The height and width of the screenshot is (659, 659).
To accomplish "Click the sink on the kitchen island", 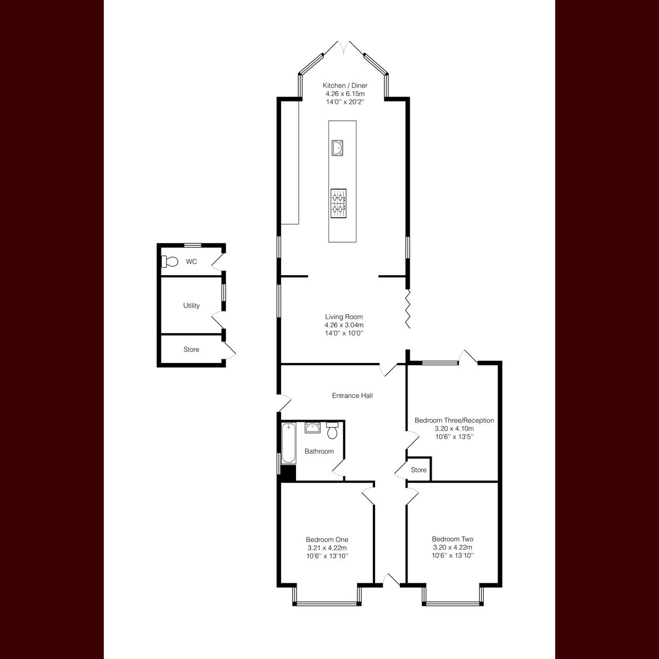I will (338, 148).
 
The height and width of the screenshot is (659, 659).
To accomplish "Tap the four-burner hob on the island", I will (338, 203).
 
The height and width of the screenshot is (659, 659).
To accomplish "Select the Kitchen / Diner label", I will (345, 85).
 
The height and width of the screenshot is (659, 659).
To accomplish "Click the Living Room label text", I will (344, 317).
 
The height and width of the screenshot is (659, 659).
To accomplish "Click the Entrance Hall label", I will (352, 395).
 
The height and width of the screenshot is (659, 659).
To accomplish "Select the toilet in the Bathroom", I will (332, 431).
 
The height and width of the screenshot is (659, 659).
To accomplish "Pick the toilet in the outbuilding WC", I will (170, 262).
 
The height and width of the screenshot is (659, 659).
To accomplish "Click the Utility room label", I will (192, 306).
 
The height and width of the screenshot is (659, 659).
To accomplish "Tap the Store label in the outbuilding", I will (192, 349).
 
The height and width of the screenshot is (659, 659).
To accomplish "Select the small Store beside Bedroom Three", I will (418, 470).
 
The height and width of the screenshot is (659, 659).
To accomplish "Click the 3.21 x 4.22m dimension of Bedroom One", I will (327, 548).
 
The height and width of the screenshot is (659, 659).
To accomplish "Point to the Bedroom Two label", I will (453, 539).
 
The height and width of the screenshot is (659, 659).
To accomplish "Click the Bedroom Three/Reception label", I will (454, 421).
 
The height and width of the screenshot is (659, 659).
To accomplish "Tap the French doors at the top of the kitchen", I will (344, 48).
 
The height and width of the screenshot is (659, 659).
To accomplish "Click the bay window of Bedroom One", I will (327, 604).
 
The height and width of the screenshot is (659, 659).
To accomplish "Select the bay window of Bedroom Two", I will (453, 604).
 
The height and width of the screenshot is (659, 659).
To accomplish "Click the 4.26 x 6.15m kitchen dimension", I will (345, 94).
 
